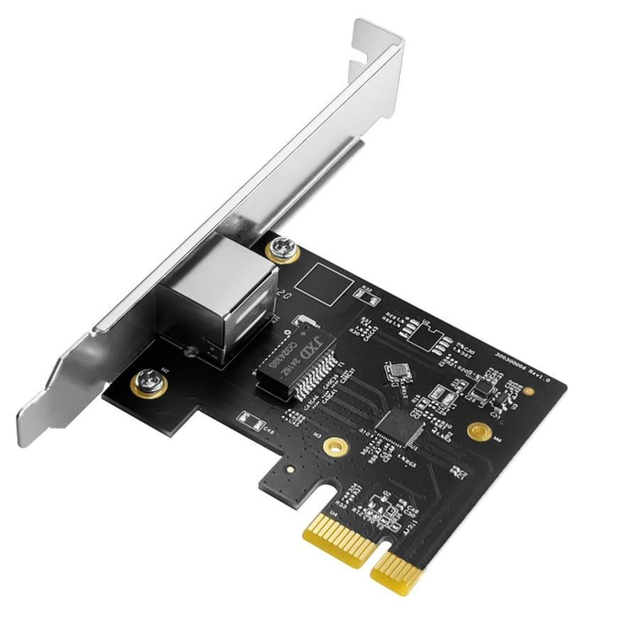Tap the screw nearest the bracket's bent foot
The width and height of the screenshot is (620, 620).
point(148,382)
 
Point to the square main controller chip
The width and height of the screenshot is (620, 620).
point(400,424)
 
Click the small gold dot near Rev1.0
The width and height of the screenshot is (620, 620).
point(527,391)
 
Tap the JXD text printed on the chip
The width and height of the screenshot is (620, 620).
point(314,348)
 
